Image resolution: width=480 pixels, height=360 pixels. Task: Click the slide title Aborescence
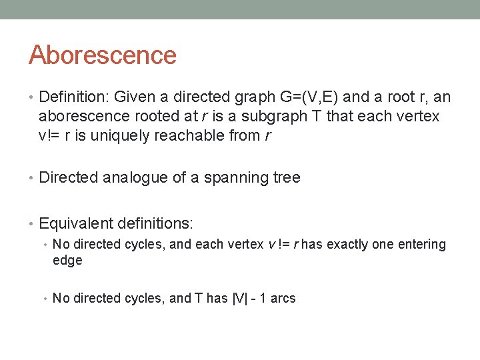(x=102, y=55)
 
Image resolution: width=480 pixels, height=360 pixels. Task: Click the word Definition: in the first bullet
(x=73, y=97)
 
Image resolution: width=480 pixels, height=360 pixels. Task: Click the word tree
(x=286, y=178)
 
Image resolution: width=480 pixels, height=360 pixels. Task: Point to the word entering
(x=421, y=245)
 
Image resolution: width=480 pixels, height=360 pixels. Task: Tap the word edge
(x=67, y=261)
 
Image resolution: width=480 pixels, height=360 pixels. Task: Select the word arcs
(x=283, y=299)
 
